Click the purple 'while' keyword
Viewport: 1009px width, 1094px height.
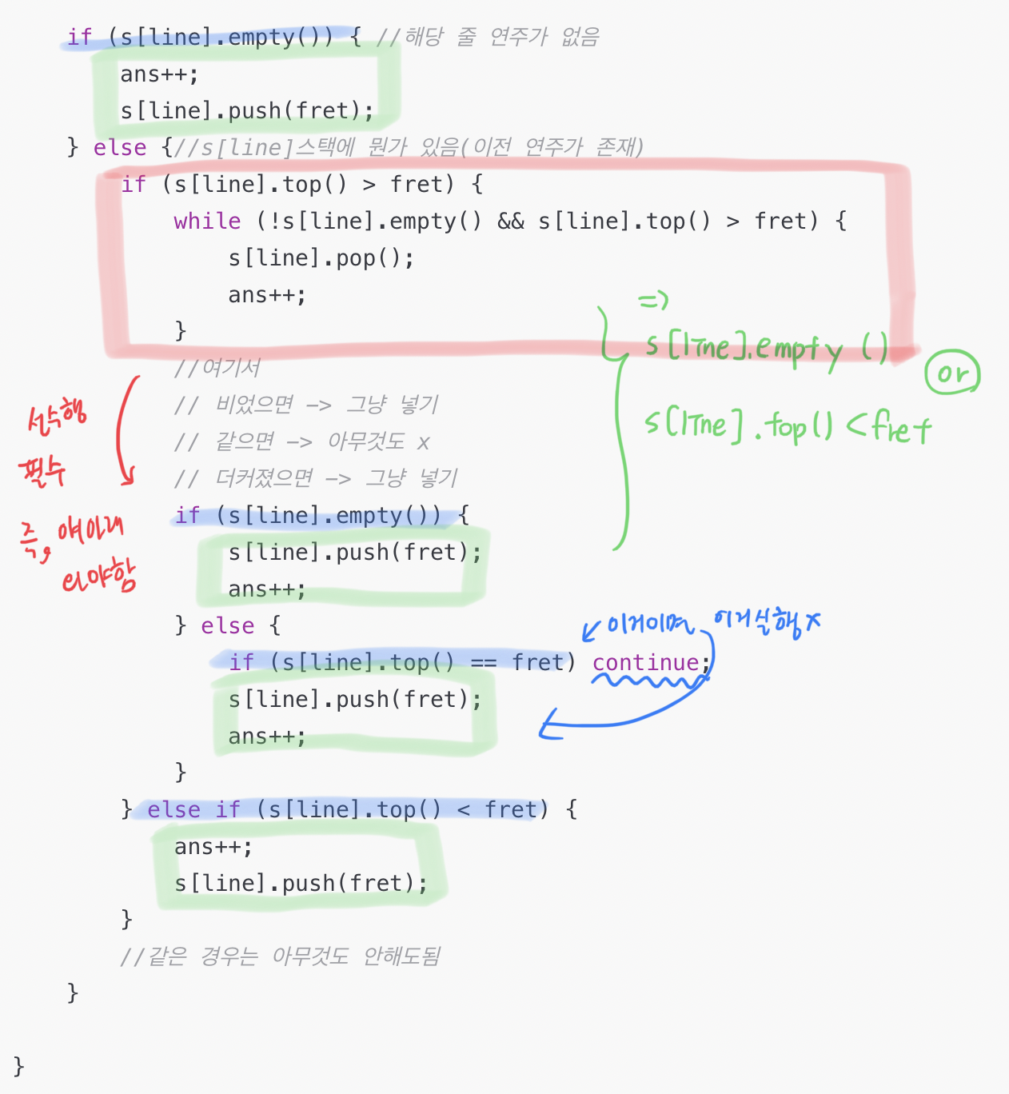point(207,221)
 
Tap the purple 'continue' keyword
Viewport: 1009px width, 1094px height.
point(646,662)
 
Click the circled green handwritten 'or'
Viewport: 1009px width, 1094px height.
point(951,373)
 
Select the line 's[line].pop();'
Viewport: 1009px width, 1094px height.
point(321,258)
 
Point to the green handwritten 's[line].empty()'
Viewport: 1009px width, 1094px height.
point(766,347)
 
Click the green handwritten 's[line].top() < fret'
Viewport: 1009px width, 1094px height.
point(787,425)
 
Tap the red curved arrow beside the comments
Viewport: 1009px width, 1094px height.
point(124,432)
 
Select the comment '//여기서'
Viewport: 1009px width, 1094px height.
point(217,367)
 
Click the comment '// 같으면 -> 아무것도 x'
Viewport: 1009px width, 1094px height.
point(301,441)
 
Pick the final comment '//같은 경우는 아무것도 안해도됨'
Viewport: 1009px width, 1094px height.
point(280,956)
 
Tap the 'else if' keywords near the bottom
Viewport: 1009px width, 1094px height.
point(193,809)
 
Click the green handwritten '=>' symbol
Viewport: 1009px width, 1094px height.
point(652,301)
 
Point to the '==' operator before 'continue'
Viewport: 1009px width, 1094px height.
point(483,662)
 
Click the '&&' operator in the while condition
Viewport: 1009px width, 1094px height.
point(510,221)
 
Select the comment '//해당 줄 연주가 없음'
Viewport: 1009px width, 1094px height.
point(488,37)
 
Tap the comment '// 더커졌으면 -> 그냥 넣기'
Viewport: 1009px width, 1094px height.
point(315,477)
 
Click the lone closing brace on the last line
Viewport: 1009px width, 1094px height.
point(18,1065)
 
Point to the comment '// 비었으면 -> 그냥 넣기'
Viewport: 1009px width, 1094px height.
point(305,404)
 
